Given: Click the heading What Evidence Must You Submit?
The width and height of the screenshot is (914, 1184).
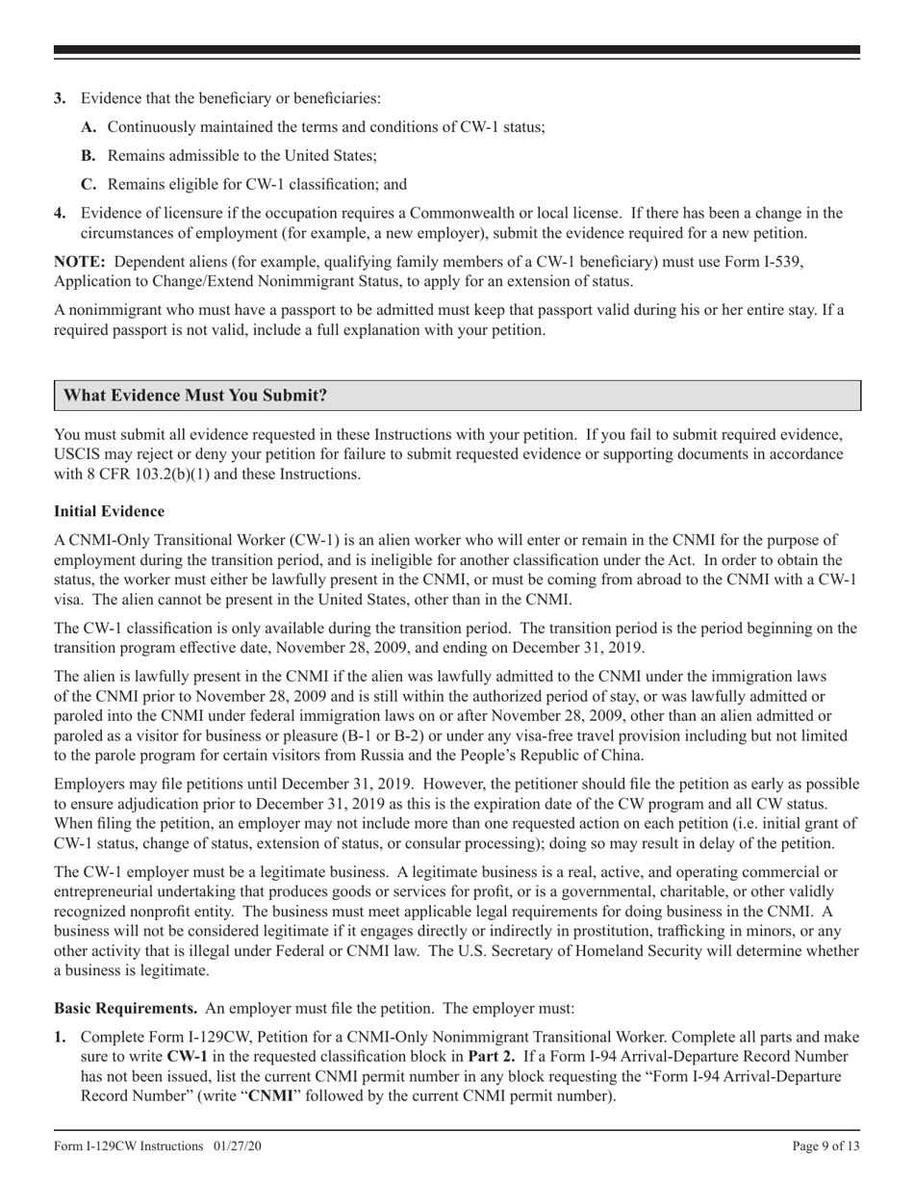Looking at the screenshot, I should pyautogui.click(x=195, y=396).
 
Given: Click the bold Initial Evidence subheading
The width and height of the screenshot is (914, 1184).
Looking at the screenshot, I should pyautogui.click(x=109, y=511).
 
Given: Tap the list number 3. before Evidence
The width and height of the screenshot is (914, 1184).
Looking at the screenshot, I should pyautogui.click(x=61, y=98).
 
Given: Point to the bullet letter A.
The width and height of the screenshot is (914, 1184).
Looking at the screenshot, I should pyautogui.click(x=89, y=127).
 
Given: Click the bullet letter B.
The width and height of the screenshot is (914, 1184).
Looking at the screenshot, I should pyautogui.click(x=89, y=156).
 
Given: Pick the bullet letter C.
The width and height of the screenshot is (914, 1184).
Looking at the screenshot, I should pyautogui.click(x=89, y=185).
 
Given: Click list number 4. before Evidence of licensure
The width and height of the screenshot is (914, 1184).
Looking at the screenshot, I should pyautogui.click(x=61, y=214).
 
